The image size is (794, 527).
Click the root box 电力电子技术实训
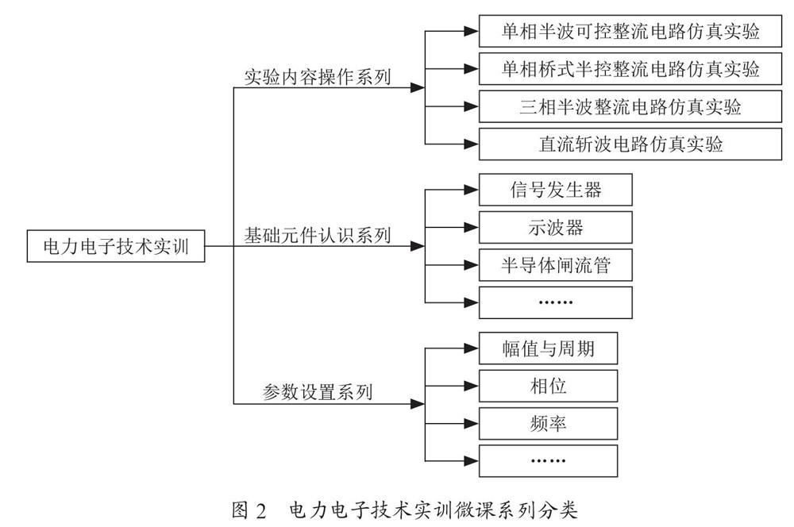116,246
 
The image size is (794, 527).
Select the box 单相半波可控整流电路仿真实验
630,32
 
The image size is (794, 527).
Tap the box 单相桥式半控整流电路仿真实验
630,69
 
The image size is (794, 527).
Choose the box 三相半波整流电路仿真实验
630,106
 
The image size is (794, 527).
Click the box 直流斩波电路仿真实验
630,144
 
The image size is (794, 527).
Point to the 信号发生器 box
556,190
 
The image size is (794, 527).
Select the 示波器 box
556,227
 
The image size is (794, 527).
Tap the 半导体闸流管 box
556,265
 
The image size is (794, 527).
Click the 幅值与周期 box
549,348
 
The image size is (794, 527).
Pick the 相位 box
549,386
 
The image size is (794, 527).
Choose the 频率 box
549,423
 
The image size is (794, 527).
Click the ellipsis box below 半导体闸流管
556,302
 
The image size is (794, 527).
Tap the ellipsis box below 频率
549,460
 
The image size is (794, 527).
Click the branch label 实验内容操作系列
318,77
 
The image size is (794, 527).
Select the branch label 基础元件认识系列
318,236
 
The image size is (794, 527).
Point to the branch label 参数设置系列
318,392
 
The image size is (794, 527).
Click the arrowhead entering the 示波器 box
472,227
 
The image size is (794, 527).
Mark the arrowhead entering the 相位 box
472,386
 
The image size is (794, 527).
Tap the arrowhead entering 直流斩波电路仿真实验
472,144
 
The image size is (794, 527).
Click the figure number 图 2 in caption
249,510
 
